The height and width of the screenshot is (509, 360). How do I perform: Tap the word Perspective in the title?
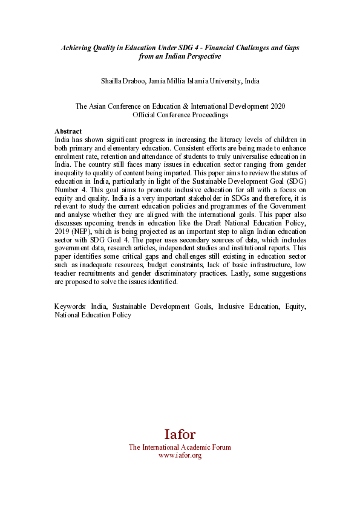tap(201, 56)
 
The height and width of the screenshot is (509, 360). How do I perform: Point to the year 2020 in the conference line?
tap(277, 106)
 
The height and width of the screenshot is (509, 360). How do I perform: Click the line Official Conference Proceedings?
tap(180, 115)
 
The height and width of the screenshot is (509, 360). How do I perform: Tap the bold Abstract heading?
tap(68, 131)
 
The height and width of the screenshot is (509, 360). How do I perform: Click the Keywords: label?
tap(70, 306)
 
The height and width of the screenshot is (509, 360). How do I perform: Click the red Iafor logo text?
tap(180, 435)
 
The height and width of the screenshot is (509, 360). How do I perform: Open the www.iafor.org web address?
tap(180, 455)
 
